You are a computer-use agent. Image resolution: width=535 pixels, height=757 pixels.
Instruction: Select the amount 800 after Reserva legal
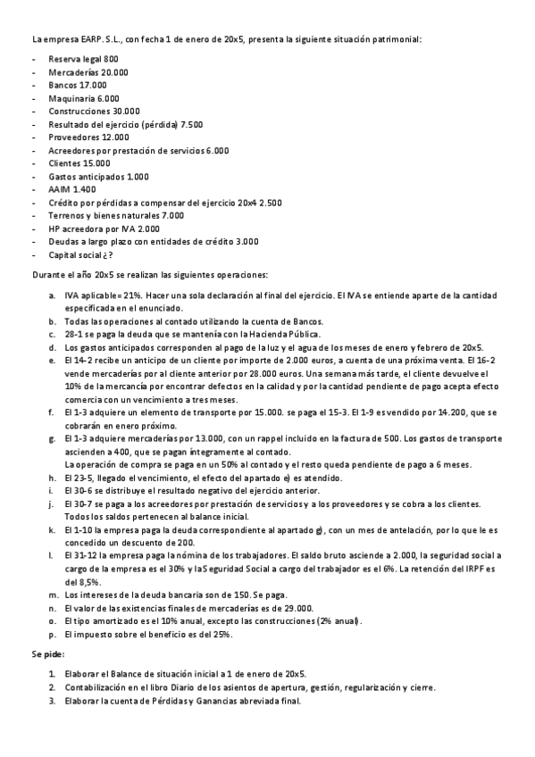pyautogui.click(x=111, y=59)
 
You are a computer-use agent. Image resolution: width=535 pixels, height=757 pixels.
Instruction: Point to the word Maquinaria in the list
pyautogui.click(x=71, y=98)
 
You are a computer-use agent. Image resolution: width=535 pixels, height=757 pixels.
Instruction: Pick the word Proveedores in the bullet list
pyautogui.click(x=73, y=137)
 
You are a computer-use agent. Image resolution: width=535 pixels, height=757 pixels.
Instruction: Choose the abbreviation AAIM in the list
pyautogui.click(x=60, y=189)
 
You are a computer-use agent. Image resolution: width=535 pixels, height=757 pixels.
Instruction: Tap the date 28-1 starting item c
pyautogui.click(x=75, y=334)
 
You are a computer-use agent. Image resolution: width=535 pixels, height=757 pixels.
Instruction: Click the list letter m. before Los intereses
pyautogui.click(x=53, y=595)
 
